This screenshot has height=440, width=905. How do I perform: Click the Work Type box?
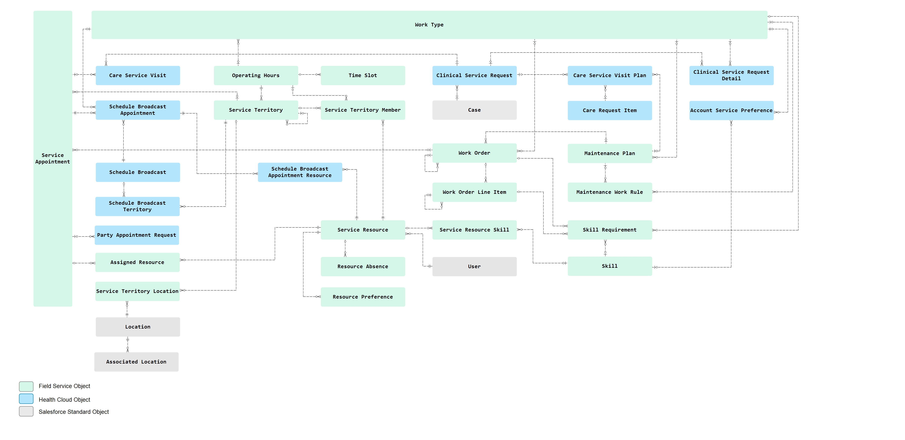coord(429,25)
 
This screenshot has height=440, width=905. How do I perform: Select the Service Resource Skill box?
coord(474,230)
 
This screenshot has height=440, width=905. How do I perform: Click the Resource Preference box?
coord(363,297)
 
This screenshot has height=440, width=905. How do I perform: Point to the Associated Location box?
coord(136,362)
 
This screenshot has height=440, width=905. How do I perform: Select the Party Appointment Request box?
coord(137,235)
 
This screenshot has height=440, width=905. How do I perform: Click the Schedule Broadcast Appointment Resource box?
coord(300,172)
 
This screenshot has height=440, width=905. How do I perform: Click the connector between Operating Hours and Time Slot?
coord(309,74)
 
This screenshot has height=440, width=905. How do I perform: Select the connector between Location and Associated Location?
coord(128,344)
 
